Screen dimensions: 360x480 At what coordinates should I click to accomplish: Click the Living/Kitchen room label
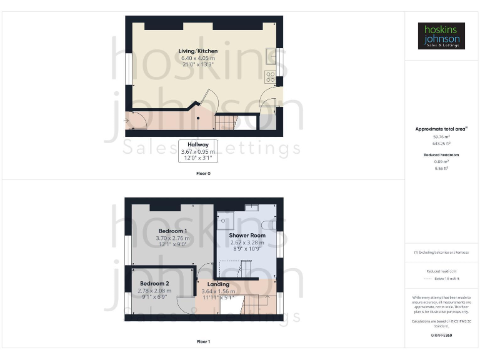198,51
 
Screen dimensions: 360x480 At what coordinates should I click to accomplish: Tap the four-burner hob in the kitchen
271,77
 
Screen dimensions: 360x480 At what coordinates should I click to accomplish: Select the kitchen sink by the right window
271,55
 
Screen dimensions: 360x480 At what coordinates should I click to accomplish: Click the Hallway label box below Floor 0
198,151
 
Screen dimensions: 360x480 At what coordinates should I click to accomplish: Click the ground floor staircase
227,122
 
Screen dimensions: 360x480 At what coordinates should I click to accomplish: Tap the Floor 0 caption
203,173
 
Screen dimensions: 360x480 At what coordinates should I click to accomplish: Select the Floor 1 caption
203,342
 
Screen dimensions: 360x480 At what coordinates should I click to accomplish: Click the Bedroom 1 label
172,231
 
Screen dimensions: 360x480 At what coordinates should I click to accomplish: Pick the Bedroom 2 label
153,284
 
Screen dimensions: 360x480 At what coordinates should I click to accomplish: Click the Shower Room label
247,236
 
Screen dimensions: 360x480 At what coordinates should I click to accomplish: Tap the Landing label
218,284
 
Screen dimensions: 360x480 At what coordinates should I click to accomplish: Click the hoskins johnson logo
442,36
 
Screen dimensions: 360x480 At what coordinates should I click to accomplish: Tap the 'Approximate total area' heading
441,129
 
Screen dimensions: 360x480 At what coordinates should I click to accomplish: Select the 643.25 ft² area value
442,143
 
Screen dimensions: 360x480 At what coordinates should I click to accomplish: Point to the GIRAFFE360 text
442,336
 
